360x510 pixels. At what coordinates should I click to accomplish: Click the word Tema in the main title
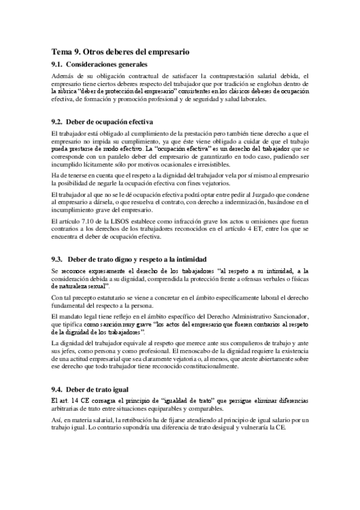(x=60, y=52)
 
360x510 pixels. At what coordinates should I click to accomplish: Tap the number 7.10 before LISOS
(x=90, y=222)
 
